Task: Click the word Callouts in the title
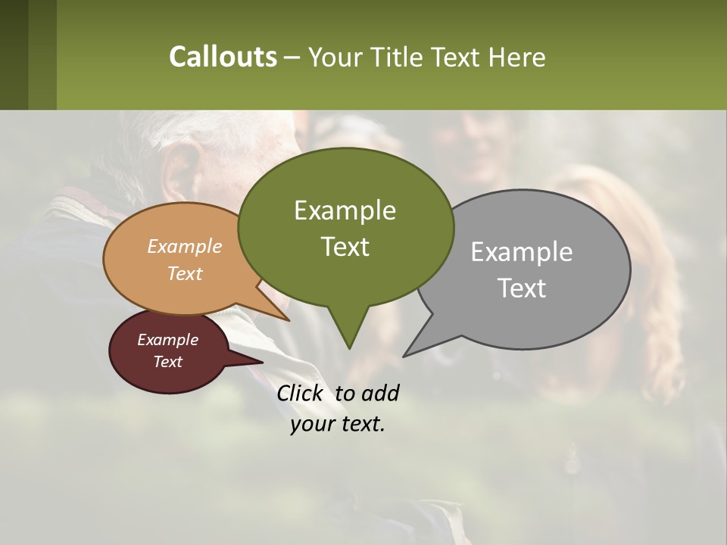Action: coord(223,57)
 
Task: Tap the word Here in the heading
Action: coord(516,58)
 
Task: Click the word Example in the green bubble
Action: coord(345,210)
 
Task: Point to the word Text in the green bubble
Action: coord(345,247)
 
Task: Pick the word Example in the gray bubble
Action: coord(521,252)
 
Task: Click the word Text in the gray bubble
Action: coord(522,288)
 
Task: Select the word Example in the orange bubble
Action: coord(184,246)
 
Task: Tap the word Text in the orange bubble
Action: coord(184,273)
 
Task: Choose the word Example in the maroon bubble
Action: coord(167,340)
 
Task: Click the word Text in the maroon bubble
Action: coord(167,362)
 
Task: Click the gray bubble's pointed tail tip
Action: coord(404,355)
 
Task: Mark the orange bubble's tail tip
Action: coord(289,320)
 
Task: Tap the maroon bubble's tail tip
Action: coord(262,362)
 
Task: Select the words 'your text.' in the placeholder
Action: coord(338,424)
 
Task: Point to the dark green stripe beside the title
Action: coord(14,54)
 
